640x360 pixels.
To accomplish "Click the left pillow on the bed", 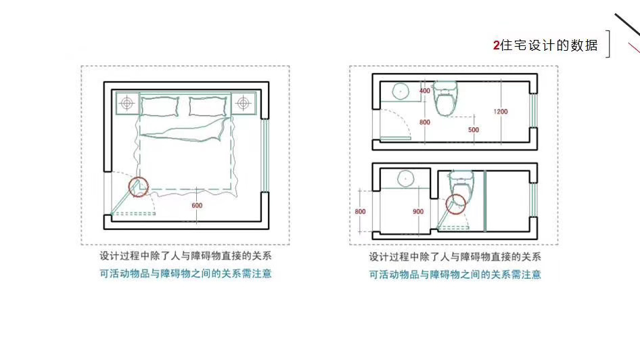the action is pyautogui.click(x=160, y=106).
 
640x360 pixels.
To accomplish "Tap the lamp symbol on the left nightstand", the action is pyautogui.click(x=127, y=103).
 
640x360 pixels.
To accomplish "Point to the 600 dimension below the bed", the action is pyautogui.click(x=197, y=206).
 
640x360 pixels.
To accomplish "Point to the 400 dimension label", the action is pyautogui.click(x=425, y=91).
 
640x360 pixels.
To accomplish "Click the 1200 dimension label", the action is pyautogui.click(x=501, y=111).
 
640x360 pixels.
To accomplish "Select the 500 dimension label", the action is pyautogui.click(x=474, y=129).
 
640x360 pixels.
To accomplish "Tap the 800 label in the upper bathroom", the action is pyautogui.click(x=425, y=122).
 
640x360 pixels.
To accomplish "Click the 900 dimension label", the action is pyautogui.click(x=418, y=212).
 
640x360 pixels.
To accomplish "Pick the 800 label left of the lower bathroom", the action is pyautogui.click(x=360, y=212).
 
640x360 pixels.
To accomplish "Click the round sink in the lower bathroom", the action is pyautogui.click(x=405, y=179).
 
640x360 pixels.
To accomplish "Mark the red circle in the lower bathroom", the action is pyautogui.click(x=456, y=203).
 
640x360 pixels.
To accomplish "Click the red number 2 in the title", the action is pyautogui.click(x=497, y=45).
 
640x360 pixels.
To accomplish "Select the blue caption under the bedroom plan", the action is pyautogui.click(x=185, y=274).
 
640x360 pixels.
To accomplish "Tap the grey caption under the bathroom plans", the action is pyautogui.click(x=455, y=257).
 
